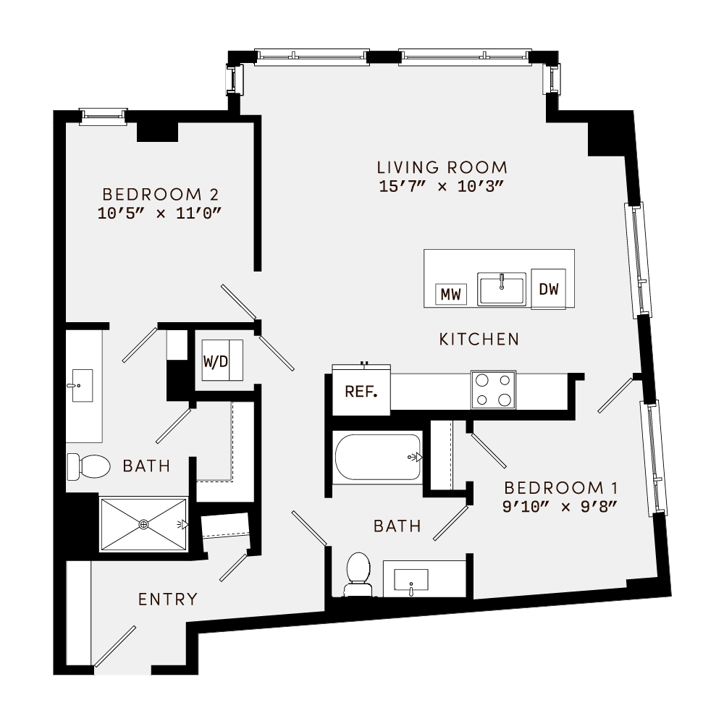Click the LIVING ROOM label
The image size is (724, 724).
442,167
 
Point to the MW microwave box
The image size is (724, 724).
451,294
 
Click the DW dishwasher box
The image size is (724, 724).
549,289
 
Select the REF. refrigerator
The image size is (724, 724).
361,392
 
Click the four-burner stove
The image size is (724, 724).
493,390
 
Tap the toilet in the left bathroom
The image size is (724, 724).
88,466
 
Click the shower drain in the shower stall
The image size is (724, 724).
143,523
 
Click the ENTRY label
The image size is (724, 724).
168,599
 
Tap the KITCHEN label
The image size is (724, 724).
479,339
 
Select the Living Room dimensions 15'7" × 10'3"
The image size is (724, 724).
441,186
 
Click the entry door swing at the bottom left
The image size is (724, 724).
114,646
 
